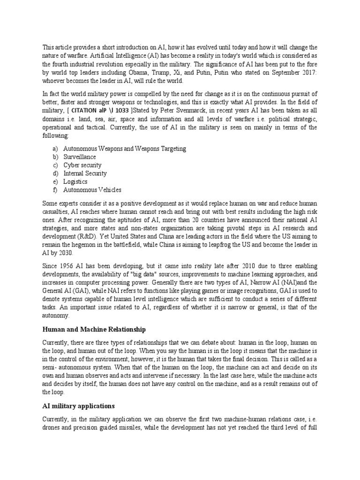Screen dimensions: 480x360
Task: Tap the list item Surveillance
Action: click(x=79, y=157)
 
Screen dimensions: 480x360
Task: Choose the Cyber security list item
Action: click(x=82, y=165)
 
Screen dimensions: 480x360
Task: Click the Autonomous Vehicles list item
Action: click(x=92, y=190)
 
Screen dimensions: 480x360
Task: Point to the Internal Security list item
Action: click(x=85, y=173)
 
